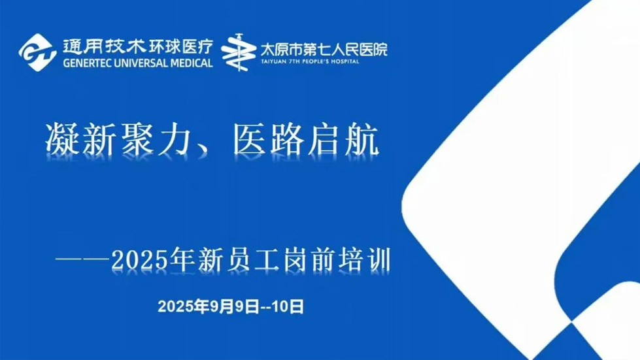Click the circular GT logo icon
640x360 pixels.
pyautogui.click(x=37, y=52)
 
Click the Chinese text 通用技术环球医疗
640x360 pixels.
pyautogui.click(x=138, y=45)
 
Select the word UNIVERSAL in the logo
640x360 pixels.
pyautogui.click(x=146, y=63)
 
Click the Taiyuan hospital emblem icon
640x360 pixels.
pyautogui.click(x=240, y=53)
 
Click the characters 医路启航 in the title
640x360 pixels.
pyautogui.click(x=307, y=139)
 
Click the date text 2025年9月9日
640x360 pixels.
pyautogui.click(x=209, y=306)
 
